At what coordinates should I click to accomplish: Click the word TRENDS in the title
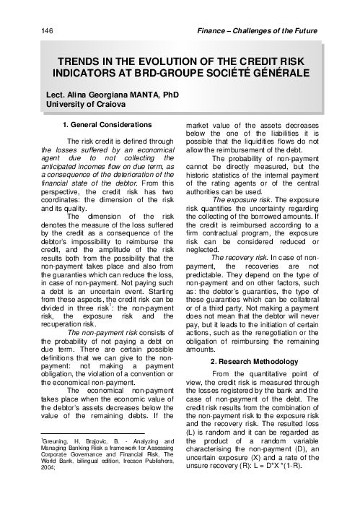tap(82, 63)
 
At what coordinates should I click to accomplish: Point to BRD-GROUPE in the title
tap(178, 74)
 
